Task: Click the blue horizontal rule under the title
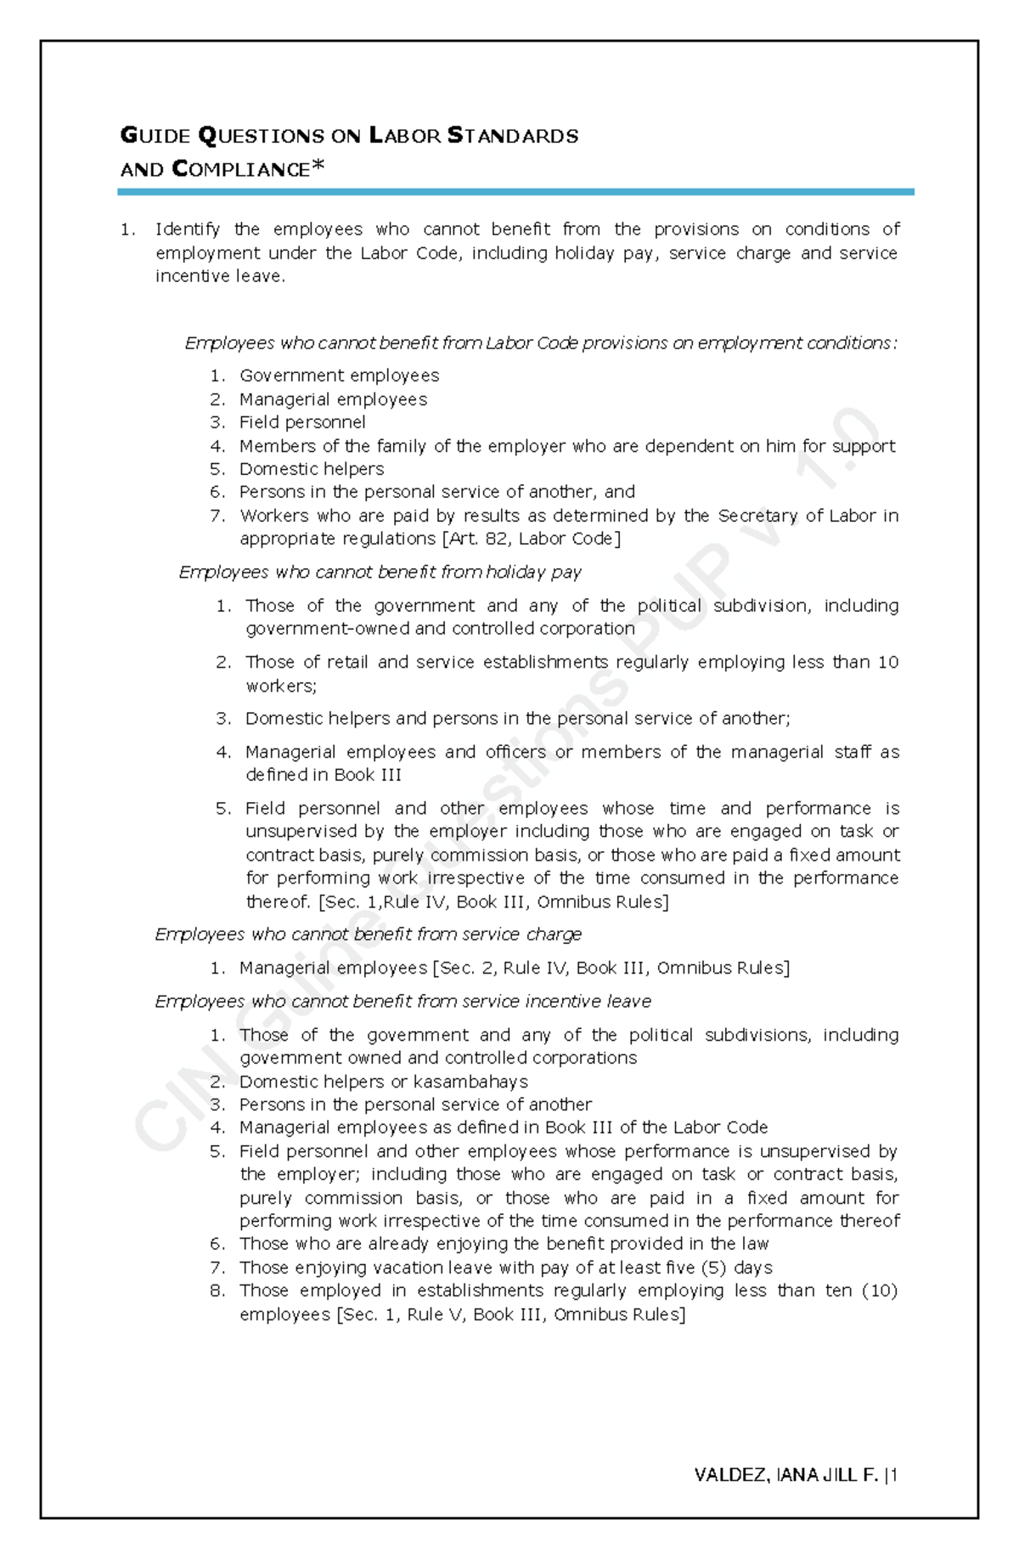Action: point(515,193)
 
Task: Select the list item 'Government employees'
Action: point(339,376)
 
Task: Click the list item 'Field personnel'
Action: point(302,422)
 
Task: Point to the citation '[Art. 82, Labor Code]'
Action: point(532,539)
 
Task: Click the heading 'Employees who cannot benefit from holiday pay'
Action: point(380,573)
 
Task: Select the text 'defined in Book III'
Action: point(324,775)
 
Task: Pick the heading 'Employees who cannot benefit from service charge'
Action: point(368,935)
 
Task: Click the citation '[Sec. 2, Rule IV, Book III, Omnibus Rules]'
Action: point(611,969)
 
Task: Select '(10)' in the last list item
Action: point(879,1291)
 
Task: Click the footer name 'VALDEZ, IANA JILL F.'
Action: point(785,1476)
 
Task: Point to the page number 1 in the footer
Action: point(894,1476)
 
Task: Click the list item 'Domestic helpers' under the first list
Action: point(312,469)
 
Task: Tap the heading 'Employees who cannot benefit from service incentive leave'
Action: point(403,1002)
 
